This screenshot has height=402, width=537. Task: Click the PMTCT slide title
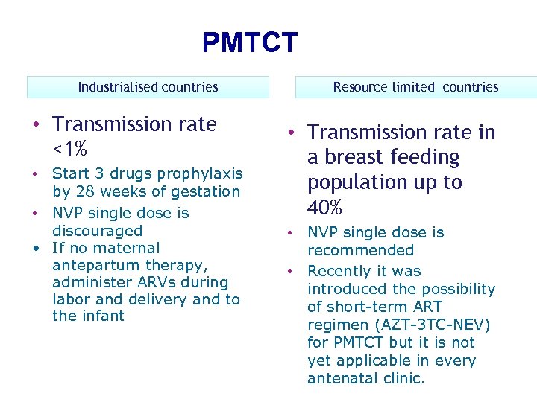coord(249,42)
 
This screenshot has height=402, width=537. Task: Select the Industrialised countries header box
coord(148,87)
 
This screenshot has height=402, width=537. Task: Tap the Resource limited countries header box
coord(415,87)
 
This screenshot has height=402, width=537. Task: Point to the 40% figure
coord(325,206)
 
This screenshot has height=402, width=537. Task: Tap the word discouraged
coord(97,231)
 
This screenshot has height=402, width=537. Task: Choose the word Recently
coord(339,271)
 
